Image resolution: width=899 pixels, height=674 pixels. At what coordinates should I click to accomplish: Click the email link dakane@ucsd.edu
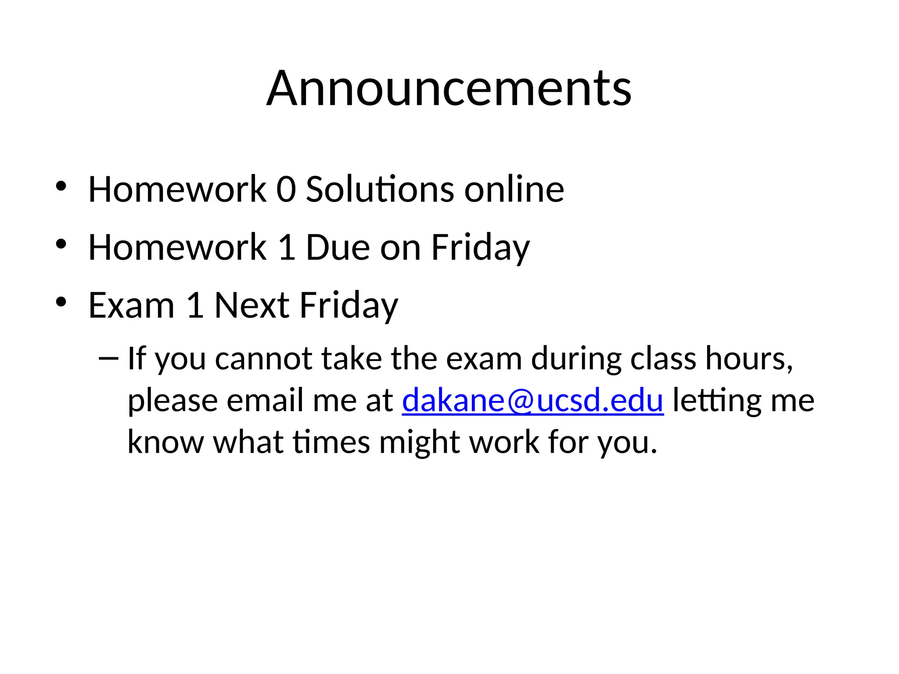[x=532, y=400]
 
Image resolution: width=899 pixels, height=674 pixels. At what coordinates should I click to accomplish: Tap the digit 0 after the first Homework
[x=286, y=190]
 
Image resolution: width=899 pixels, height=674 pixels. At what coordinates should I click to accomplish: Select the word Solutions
[x=380, y=190]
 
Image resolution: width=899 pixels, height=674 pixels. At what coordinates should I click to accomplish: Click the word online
[x=514, y=190]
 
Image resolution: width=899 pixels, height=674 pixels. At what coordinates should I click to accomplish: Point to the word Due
[x=338, y=247]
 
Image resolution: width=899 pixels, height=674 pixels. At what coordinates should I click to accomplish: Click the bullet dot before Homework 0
[x=61, y=186]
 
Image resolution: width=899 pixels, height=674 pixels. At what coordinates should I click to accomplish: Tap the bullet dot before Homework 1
[x=61, y=244]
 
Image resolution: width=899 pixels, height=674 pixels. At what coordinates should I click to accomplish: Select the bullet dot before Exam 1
[x=61, y=302]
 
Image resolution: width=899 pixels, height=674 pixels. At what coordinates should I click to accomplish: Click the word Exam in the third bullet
[x=131, y=305]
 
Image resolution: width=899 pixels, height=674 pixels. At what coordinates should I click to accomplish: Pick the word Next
[x=252, y=305]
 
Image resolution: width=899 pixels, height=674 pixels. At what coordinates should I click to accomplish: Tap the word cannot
[x=263, y=359]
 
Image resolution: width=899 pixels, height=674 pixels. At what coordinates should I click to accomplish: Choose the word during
[x=576, y=359]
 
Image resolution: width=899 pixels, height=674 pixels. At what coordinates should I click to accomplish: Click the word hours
[x=748, y=359]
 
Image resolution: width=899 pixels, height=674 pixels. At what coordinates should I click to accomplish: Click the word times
[x=331, y=442]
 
